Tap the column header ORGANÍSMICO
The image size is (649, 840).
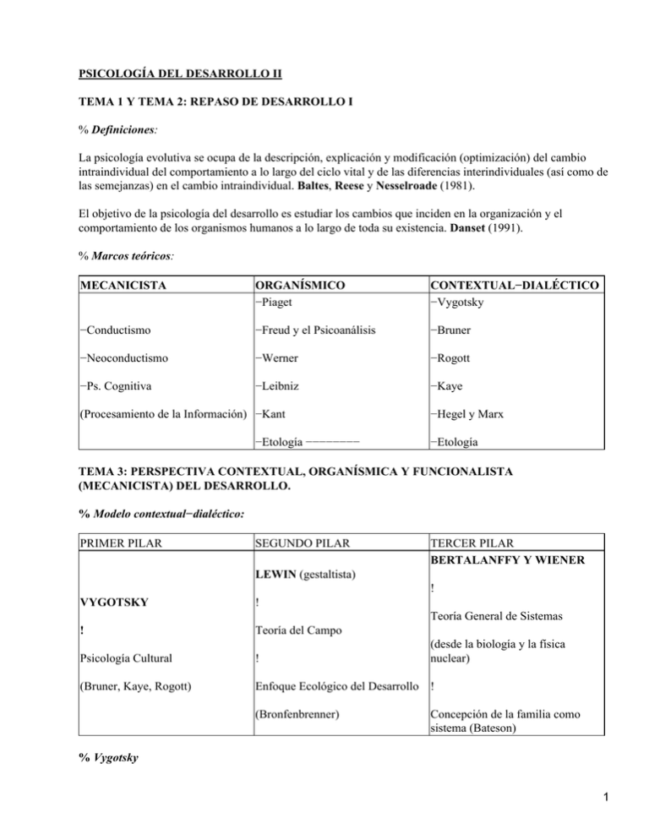300,285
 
